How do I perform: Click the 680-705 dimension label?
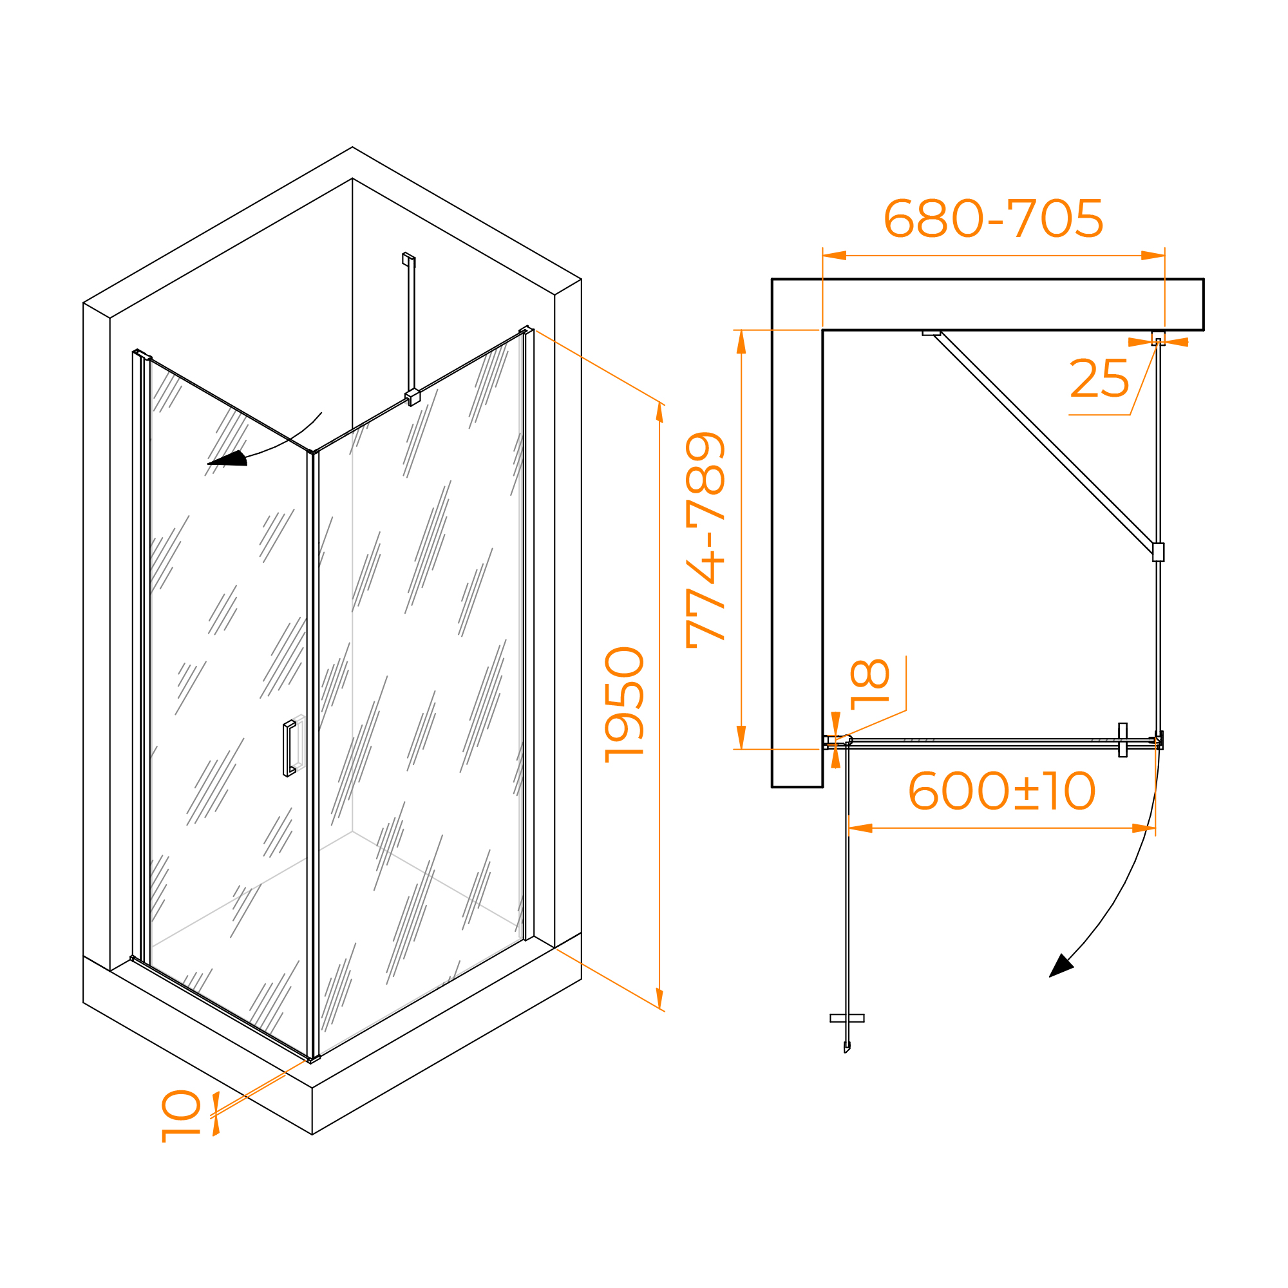pos(993,218)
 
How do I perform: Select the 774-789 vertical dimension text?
pos(705,540)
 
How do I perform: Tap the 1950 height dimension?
pos(624,705)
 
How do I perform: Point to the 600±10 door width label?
pos(1001,791)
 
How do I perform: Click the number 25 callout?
pos(1099,378)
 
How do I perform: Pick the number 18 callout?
pos(870,684)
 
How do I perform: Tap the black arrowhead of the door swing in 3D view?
pos(227,459)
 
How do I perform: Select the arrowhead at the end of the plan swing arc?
pos(1061,966)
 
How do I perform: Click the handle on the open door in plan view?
pos(847,1018)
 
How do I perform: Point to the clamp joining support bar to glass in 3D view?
pos(413,397)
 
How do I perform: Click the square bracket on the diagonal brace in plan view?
pos(1158,552)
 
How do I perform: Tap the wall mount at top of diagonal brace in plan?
pos(931,333)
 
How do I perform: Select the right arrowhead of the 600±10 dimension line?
pos(1143,829)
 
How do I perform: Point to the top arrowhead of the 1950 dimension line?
pos(659,412)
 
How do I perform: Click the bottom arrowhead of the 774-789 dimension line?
pos(741,737)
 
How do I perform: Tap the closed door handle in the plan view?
pos(1122,740)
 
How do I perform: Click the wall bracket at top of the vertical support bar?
pos(409,259)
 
